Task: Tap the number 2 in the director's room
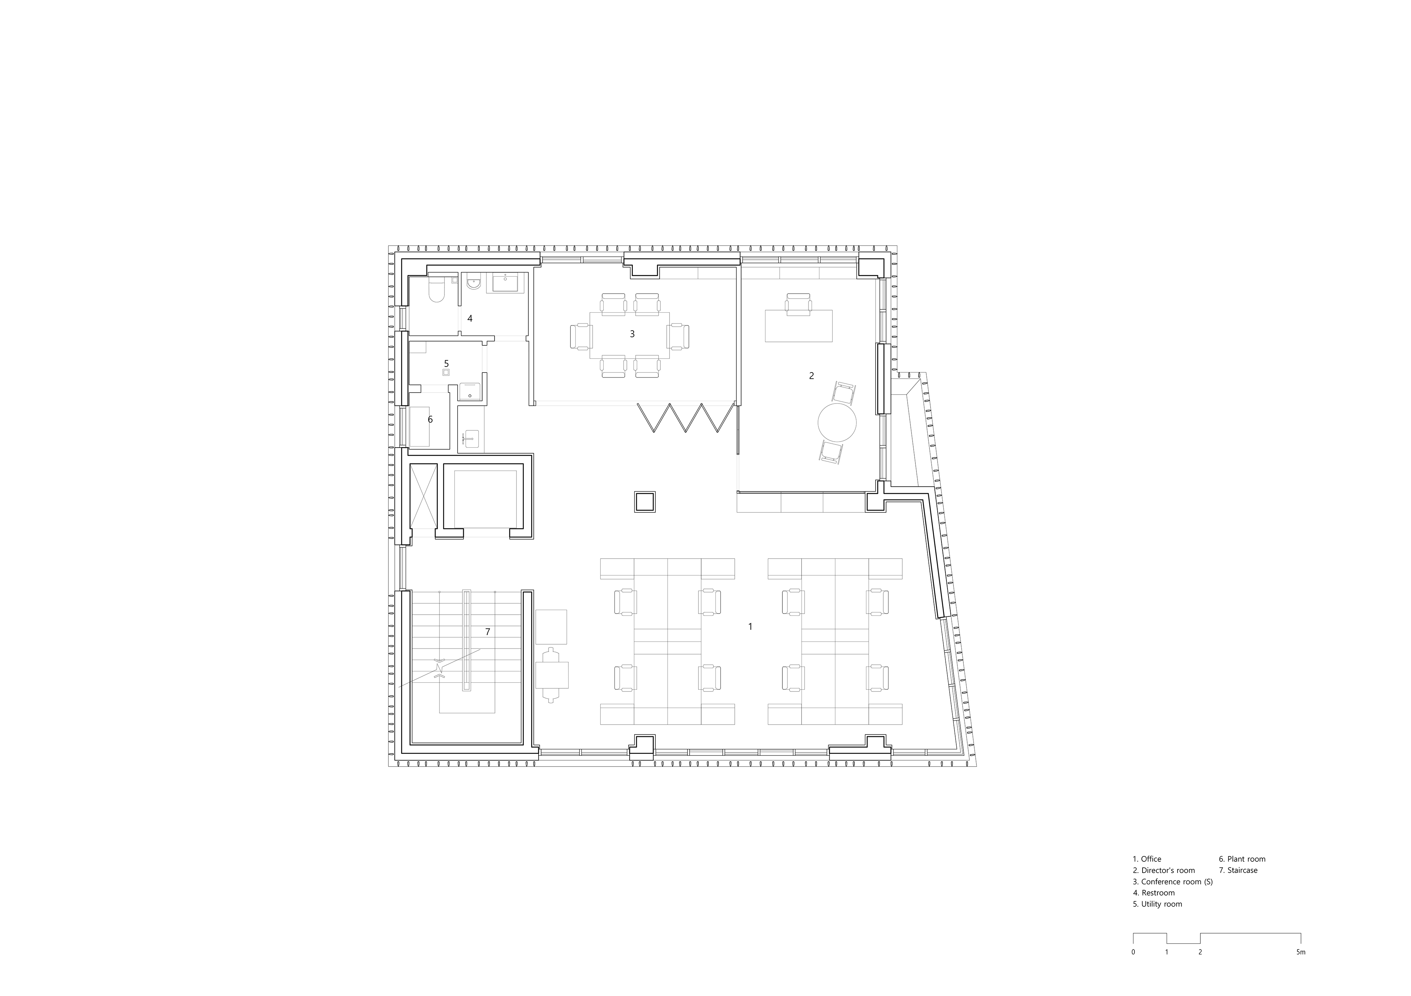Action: click(811, 375)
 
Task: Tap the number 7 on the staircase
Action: click(488, 631)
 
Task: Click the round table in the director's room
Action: click(837, 421)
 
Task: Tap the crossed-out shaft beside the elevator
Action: click(423, 496)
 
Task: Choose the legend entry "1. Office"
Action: click(1147, 859)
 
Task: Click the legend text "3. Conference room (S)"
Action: click(1173, 881)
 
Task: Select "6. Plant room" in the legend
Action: click(1242, 859)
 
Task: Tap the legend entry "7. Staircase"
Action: click(1238, 870)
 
